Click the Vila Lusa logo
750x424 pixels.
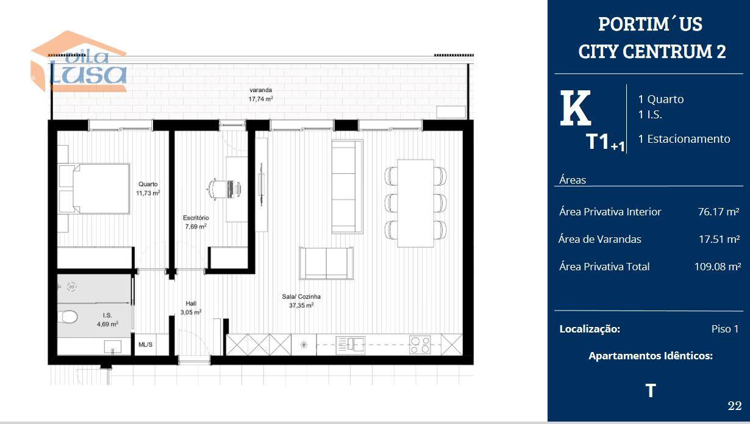[79, 62]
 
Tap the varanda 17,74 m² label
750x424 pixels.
[260, 95]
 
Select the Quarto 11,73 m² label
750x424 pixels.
[148, 189]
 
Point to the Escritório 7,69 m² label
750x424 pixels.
[196, 222]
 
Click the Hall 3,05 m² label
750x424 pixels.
[191, 308]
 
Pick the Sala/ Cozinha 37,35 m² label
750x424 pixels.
[301, 301]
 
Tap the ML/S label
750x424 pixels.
[145, 344]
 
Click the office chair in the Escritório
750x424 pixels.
[218, 190]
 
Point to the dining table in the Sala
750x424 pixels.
[415, 203]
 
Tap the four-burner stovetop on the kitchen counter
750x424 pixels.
[420, 345]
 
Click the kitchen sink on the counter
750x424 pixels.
[350, 345]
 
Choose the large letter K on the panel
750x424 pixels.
[575, 108]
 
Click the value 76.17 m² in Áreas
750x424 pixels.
[718, 212]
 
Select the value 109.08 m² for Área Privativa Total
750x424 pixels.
[718, 267]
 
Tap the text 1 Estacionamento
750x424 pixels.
[684, 138]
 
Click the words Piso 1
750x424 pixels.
[725, 329]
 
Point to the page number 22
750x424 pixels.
[735, 406]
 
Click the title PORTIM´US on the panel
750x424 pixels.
[650, 24]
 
